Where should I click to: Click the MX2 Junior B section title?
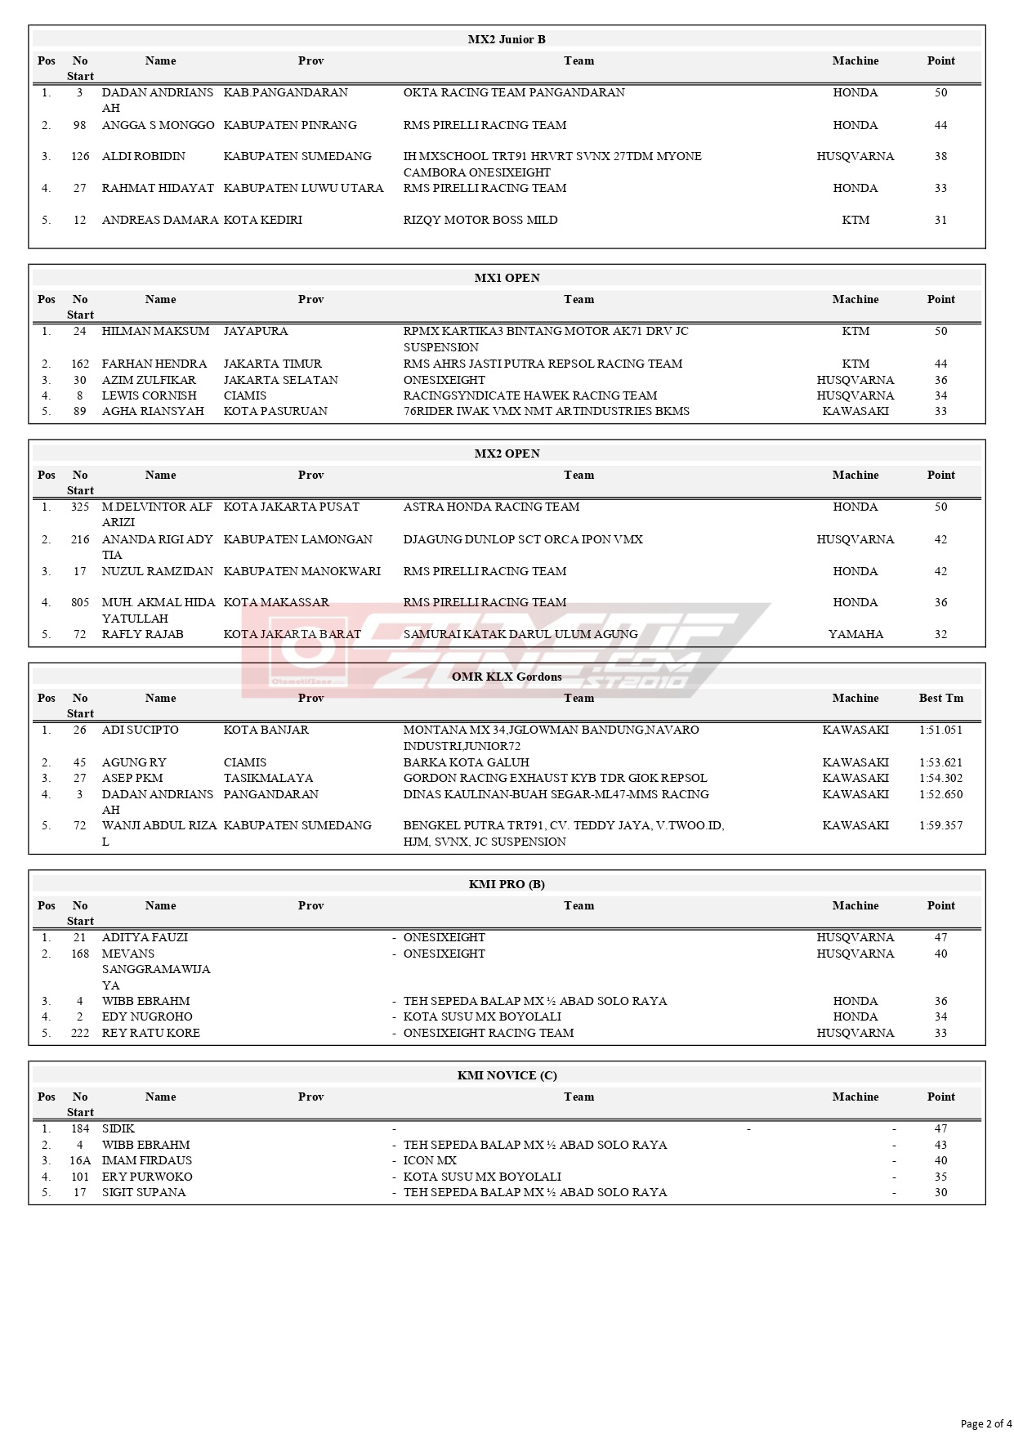coord(507,39)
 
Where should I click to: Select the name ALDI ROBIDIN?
coord(143,156)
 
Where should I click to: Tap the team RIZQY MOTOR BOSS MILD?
coord(480,220)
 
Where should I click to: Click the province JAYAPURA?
coord(256,331)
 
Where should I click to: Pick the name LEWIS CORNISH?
coord(149,395)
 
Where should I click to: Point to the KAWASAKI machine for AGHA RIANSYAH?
coord(855,411)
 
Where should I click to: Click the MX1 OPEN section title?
coord(507,278)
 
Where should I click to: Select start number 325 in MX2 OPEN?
coord(80,507)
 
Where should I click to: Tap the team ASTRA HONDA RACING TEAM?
coord(491,507)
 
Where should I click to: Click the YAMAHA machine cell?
coord(855,634)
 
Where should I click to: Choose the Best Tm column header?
coord(940,698)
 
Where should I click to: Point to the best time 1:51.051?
coord(940,730)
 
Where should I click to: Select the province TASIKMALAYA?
coord(268,778)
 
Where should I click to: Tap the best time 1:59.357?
coord(940,825)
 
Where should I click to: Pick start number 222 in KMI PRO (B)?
coord(80,1033)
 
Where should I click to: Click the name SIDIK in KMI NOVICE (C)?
coord(118,1128)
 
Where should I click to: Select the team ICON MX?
coord(430,1160)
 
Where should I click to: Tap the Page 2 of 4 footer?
coord(985,1423)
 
